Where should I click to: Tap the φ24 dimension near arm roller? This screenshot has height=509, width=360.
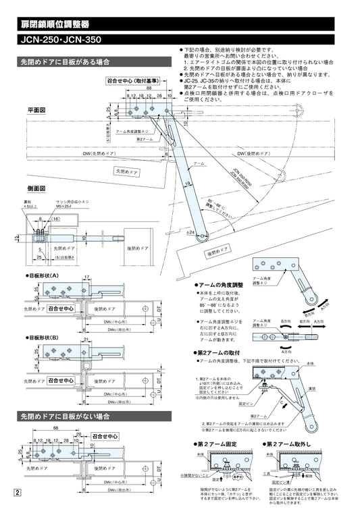coord(190,232)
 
